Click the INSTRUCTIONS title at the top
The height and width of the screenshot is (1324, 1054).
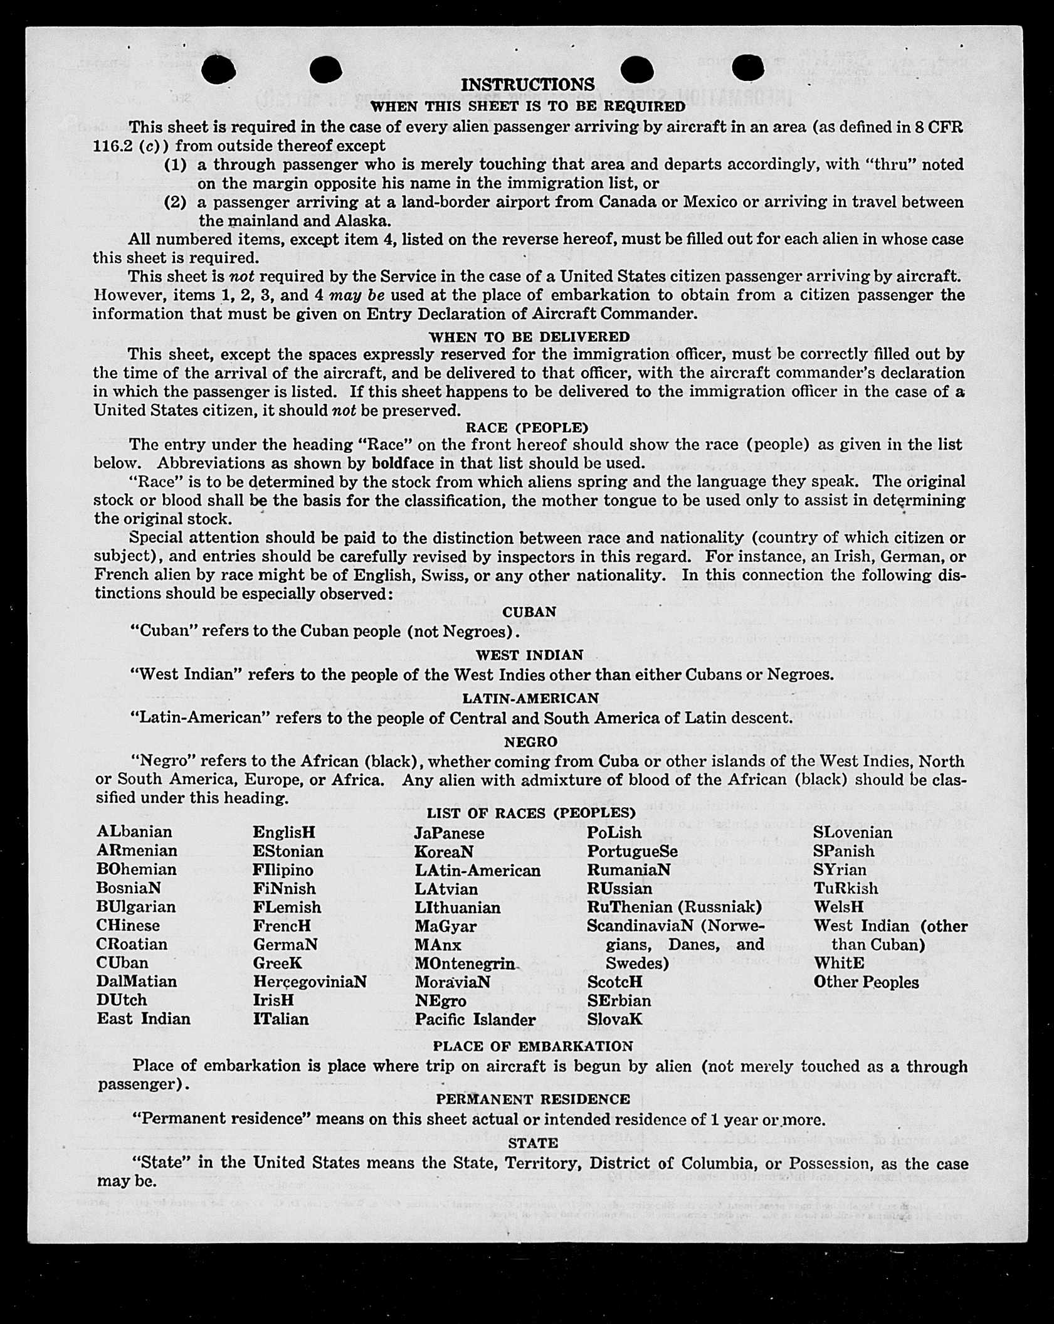tap(527, 85)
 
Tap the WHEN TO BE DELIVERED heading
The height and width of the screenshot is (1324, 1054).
tap(529, 337)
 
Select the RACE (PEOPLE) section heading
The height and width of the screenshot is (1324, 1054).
tap(527, 428)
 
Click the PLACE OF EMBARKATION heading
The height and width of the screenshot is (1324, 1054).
tap(532, 1046)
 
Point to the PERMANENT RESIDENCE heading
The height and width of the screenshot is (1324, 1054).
tap(532, 1099)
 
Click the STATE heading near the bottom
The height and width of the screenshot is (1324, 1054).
tap(532, 1143)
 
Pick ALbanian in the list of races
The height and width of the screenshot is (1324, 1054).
tap(134, 832)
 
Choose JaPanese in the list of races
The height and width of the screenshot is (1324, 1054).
tap(449, 833)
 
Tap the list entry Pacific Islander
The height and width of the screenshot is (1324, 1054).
tap(475, 1020)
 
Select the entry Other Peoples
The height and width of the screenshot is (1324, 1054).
tap(866, 982)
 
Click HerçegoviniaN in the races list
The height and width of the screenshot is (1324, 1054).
tap(310, 982)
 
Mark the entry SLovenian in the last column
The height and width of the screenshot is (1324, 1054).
tap(853, 832)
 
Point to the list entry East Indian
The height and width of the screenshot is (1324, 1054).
tap(143, 1019)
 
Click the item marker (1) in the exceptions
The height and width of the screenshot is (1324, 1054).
tap(176, 165)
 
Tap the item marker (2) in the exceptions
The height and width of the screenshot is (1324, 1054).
tap(176, 203)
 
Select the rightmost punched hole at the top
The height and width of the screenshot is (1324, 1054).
tap(747, 68)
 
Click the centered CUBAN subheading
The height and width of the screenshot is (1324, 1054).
tap(529, 612)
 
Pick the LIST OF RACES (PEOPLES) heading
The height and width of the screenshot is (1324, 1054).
tap(531, 813)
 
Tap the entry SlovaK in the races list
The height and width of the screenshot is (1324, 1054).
tap(614, 1019)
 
